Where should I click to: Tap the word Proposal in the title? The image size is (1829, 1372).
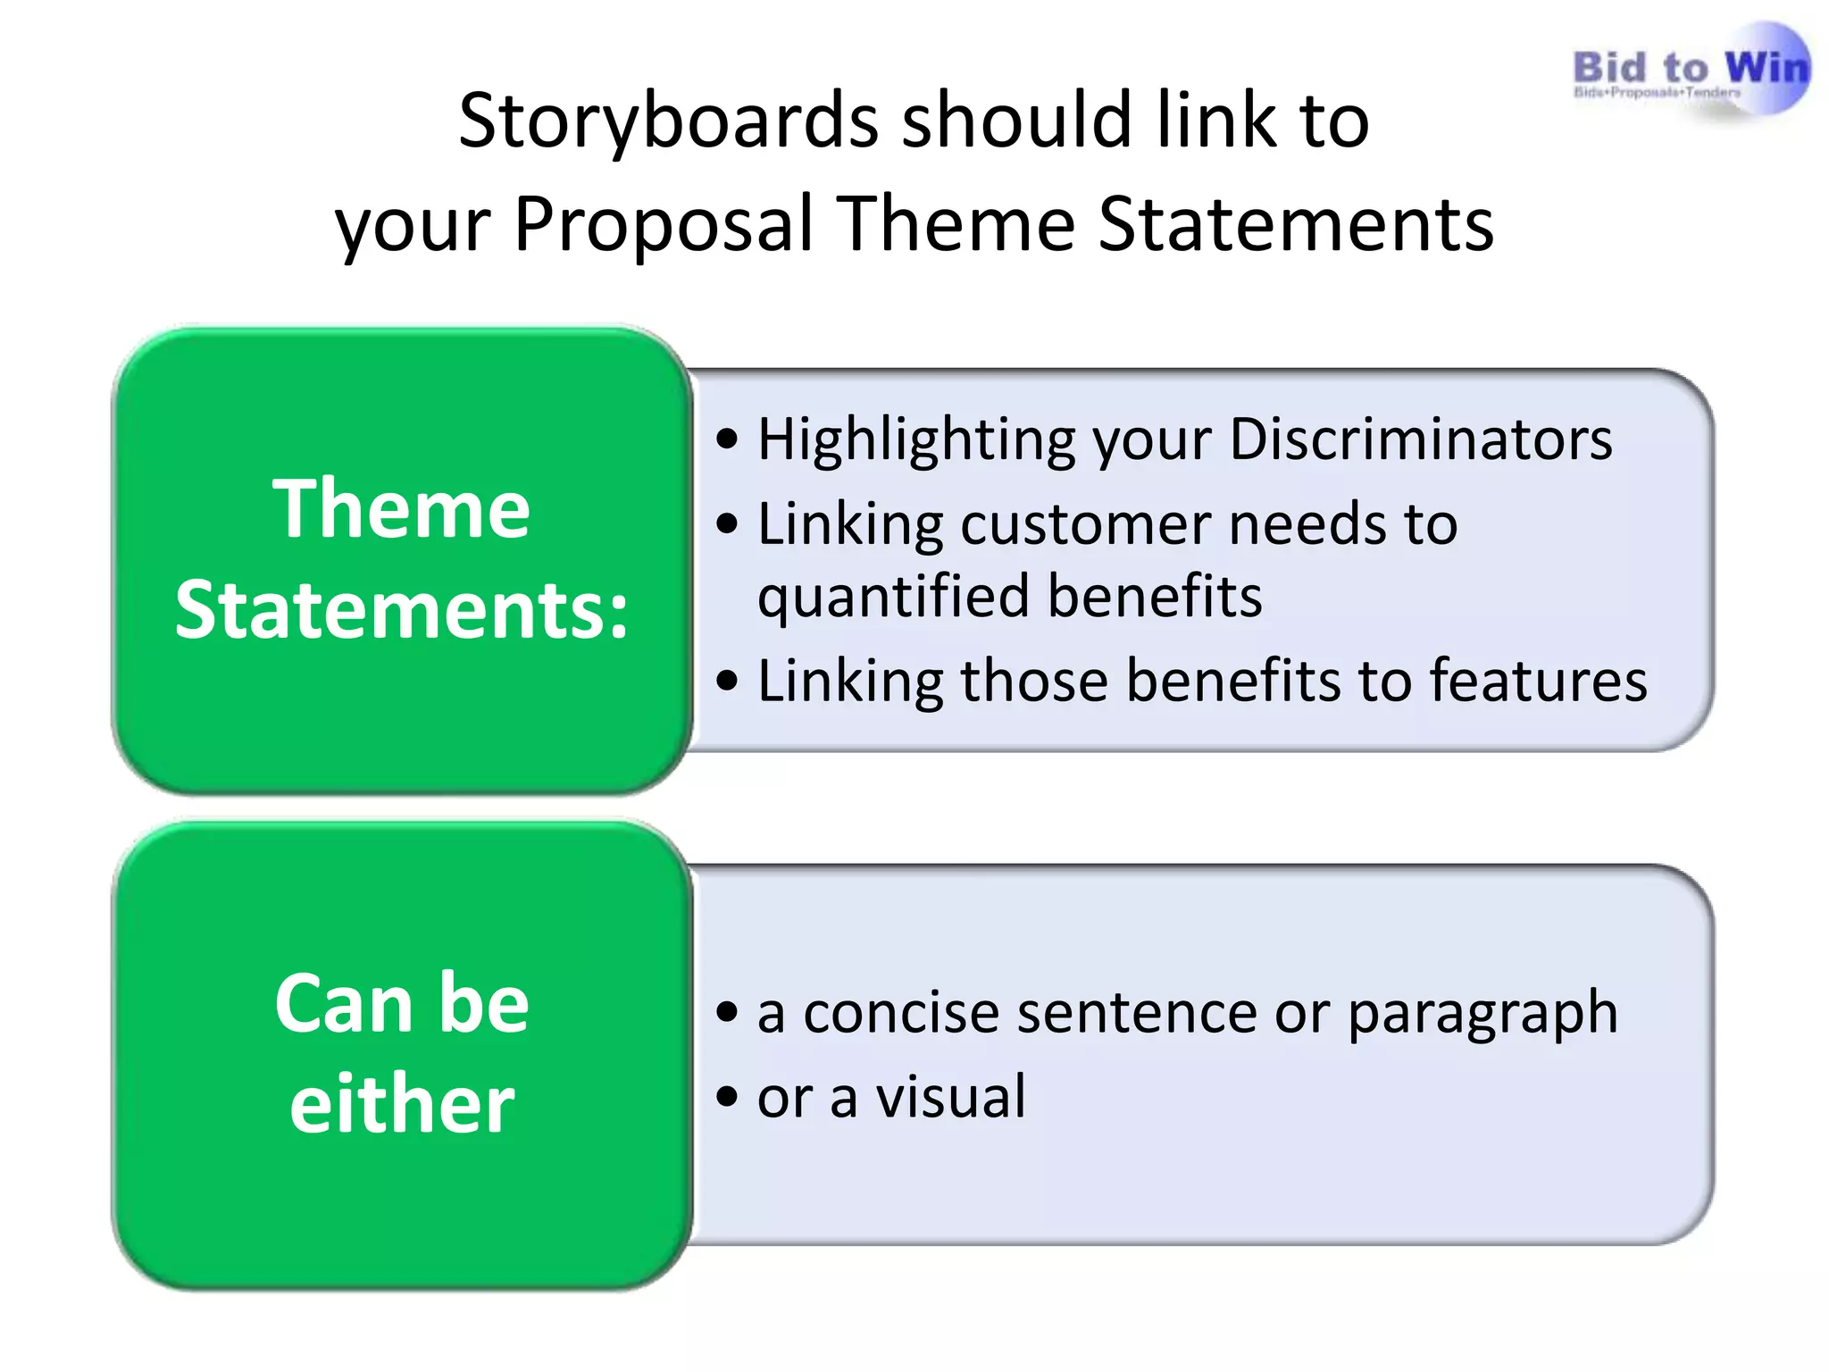(x=663, y=225)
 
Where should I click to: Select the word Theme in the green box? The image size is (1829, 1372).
(x=401, y=509)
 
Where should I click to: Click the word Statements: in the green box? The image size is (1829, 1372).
(x=401, y=611)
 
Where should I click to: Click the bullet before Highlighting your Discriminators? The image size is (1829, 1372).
(x=728, y=439)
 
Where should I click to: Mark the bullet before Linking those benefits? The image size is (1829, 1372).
(x=728, y=682)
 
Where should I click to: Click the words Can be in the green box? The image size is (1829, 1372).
(x=401, y=1004)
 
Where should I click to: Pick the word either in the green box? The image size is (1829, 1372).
(x=401, y=1106)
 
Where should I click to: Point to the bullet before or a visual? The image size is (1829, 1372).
(x=728, y=1097)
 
